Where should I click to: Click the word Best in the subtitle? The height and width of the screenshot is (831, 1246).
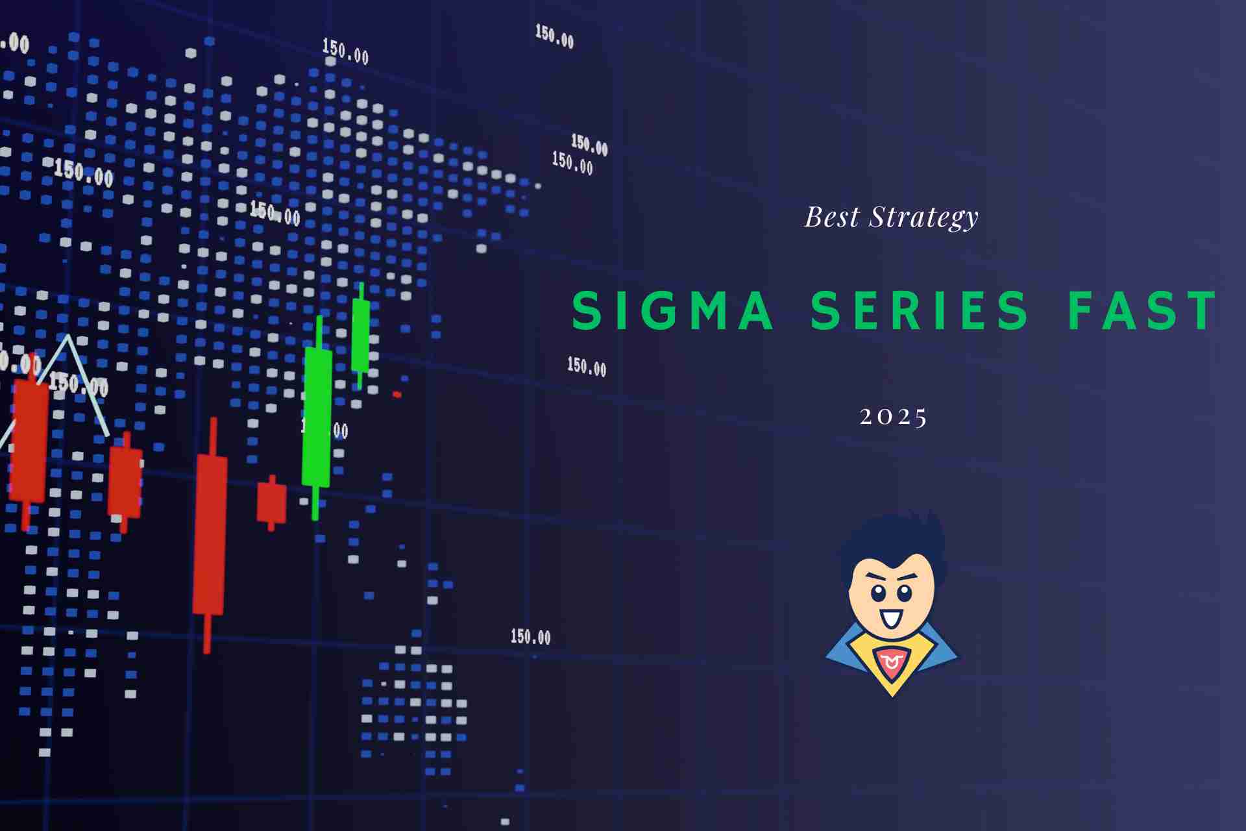(832, 217)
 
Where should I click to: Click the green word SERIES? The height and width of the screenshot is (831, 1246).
(920, 310)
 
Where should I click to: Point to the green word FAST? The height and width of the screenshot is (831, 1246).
(1142, 310)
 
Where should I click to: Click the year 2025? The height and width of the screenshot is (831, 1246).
(894, 417)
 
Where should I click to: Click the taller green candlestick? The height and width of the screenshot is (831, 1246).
(317, 415)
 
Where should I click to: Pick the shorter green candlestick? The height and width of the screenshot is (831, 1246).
(361, 334)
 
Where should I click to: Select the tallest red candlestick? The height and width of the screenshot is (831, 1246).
(210, 532)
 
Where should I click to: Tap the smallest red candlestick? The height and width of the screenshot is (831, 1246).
(271, 502)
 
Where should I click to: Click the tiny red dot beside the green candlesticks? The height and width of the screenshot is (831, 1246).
(397, 395)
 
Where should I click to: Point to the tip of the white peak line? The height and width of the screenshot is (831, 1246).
(67, 337)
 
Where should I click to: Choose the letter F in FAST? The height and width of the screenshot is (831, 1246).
(1084, 310)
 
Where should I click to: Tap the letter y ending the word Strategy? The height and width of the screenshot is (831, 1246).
(970, 221)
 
